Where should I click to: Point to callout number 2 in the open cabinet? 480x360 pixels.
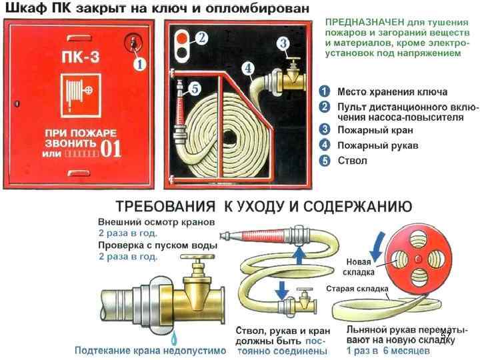(x=202, y=37)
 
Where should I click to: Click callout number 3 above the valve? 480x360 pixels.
(x=283, y=43)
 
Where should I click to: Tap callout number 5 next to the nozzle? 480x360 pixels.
(x=194, y=87)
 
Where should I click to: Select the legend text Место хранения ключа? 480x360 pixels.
(x=392, y=91)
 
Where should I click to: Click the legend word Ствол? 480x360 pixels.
(x=351, y=160)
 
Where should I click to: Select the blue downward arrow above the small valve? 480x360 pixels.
(x=281, y=289)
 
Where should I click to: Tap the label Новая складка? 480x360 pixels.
(x=359, y=266)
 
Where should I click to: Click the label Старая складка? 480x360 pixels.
(x=357, y=289)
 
